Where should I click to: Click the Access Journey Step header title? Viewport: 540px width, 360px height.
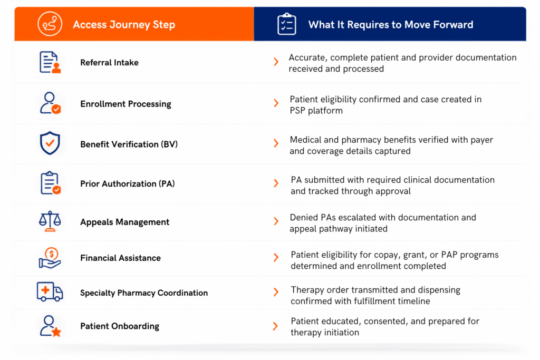tap(124, 25)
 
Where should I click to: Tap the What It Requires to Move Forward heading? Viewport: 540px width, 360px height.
tap(391, 25)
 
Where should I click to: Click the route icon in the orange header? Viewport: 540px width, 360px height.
tap(50, 24)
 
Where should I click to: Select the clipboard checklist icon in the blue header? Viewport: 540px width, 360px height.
tap(286, 24)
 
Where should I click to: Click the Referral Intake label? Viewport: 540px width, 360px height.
tap(109, 63)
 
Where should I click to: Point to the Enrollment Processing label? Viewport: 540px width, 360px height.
tap(126, 104)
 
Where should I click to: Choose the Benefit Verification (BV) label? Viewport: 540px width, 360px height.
tap(129, 144)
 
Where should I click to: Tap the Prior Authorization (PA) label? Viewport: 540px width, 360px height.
tap(128, 184)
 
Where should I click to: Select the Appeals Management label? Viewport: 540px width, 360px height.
tap(124, 222)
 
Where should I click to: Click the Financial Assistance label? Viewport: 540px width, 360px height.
tap(120, 258)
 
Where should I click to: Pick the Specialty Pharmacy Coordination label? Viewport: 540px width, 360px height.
tap(144, 293)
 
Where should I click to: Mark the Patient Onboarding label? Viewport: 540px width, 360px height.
tap(120, 326)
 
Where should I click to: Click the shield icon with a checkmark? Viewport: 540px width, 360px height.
tap(50, 143)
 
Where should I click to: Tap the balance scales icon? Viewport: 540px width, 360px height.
tap(50, 221)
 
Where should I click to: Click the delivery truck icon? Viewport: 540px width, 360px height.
tap(50, 292)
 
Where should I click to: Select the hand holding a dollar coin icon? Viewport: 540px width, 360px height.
tap(50, 258)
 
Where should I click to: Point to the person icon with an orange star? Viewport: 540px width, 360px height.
tap(50, 326)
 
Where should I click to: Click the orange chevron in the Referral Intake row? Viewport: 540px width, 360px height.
tap(276, 62)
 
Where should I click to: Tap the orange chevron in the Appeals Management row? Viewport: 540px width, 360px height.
tap(276, 221)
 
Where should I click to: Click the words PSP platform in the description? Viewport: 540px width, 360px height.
tap(316, 111)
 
